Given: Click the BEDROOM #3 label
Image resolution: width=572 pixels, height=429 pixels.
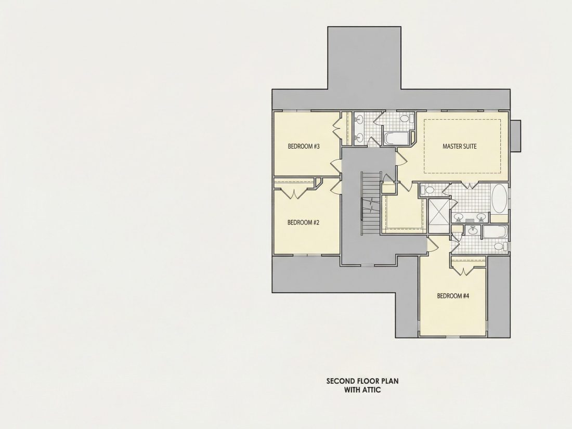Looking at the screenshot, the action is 304,147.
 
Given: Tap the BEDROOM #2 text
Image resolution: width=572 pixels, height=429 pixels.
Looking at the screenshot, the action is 303,222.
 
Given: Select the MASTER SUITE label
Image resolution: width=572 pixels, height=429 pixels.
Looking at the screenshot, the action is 459,147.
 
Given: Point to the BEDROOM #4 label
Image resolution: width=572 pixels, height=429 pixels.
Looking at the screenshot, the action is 453,296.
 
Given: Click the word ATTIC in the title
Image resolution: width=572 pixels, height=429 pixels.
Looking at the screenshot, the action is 371,390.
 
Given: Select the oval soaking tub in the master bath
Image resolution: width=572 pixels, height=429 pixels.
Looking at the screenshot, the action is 499,199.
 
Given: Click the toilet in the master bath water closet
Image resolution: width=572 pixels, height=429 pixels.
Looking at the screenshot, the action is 427,190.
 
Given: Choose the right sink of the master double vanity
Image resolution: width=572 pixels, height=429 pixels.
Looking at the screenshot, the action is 482,217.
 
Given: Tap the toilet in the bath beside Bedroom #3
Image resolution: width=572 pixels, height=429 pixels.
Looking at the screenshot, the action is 406,119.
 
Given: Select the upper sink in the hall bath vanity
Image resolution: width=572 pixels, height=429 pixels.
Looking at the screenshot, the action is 359,119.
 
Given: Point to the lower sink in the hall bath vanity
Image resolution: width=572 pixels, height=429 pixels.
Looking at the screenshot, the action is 359,137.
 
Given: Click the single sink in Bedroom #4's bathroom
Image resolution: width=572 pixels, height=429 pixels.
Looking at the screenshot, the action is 473,230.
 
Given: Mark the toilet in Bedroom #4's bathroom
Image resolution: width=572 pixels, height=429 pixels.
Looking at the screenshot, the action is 500,247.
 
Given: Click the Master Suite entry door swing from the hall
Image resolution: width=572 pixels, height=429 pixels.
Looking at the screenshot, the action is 400,158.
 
